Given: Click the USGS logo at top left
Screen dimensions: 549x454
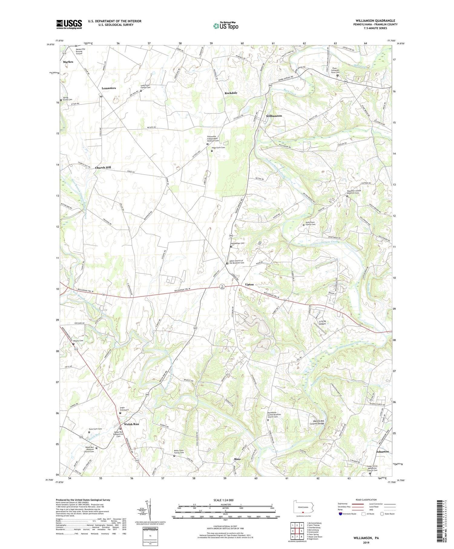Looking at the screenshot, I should [69, 24].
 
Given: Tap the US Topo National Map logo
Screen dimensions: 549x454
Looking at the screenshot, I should [225, 26].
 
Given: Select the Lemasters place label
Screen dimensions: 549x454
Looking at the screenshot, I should [109, 88].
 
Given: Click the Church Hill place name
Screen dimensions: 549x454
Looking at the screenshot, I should [103, 167].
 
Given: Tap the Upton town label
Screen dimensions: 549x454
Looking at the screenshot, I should [249, 284].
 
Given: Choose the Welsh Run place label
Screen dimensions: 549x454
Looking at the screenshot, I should [131, 424].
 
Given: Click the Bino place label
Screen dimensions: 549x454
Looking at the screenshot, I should [237, 459].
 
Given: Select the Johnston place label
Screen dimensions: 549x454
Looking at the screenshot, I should [382, 451].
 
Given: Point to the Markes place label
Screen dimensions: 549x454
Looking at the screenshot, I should [68, 62].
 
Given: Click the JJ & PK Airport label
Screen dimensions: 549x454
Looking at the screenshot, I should [322, 322].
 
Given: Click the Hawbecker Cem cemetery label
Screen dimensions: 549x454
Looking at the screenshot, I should [238, 243].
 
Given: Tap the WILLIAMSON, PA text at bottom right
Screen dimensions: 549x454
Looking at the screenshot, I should [366, 538].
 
